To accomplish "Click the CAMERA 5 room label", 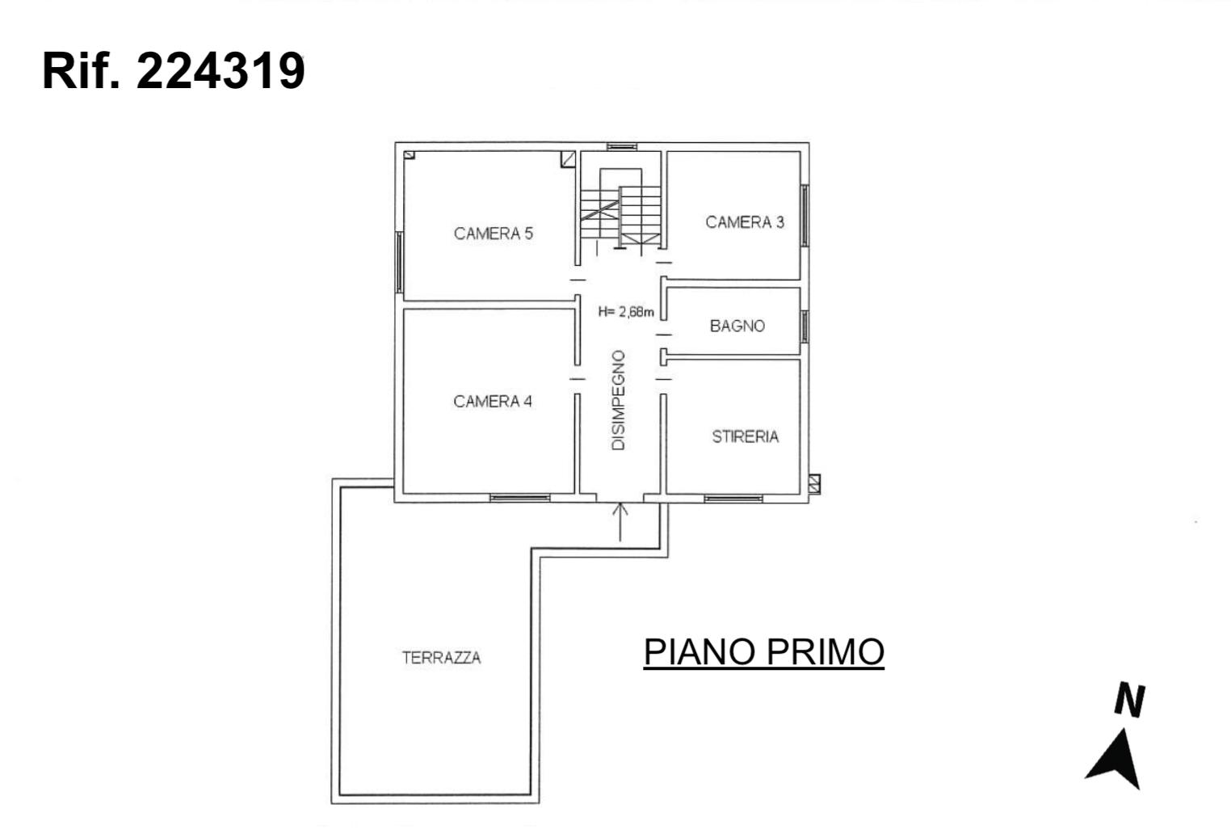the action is (493, 234).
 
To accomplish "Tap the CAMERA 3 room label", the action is (745, 222).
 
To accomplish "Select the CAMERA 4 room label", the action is (493, 402).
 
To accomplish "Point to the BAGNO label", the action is (737, 326).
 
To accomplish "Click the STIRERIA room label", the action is (746, 436).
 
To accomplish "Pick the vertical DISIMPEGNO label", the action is (618, 400).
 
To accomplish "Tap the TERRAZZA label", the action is (441, 658).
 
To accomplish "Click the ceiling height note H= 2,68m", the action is (626, 312).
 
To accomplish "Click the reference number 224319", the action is (221, 71).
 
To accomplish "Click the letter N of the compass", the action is (1130, 700).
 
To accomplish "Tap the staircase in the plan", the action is (621, 211).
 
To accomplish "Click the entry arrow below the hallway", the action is (620, 522).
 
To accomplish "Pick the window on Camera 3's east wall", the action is (805, 216).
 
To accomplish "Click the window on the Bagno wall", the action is (805, 326).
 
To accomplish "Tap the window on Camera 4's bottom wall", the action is (520, 498).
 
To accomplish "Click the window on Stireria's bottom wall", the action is (733, 499).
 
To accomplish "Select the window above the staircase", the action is (622, 146).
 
